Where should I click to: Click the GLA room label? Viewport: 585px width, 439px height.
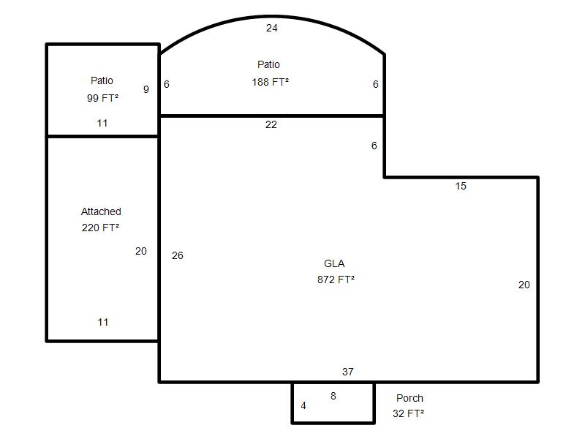(x=334, y=263)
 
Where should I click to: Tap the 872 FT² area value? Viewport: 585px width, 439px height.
(x=336, y=279)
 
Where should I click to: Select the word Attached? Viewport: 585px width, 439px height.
(x=101, y=211)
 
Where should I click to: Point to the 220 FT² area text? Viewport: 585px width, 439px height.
(x=100, y=228)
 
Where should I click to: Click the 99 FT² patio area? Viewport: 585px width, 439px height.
(x=102, y=98)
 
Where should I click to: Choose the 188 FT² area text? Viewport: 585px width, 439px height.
(x=270, y=82)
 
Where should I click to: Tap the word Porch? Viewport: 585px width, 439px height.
(x=409, y=398)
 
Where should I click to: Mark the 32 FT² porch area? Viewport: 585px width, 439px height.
(x=408, y=413)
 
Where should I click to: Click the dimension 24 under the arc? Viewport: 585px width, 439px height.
(x=271, y=28)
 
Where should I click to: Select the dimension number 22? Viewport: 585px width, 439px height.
(x=271, y=124)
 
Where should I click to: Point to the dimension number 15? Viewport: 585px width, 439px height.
(x=461, y=186)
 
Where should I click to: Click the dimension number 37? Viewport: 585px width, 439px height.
(x=348, y=372)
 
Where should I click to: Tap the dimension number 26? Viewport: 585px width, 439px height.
(x=178, y=255)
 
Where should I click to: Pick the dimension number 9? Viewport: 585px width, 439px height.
(x=146, y=89)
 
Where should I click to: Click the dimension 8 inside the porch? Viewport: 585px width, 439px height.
(x=333, y=396)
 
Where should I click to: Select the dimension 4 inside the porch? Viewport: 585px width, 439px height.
(x=303, y=405)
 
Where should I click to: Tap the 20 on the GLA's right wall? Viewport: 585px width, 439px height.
(x=524, y=285)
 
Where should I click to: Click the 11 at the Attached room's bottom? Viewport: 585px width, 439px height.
(x=103, y=322)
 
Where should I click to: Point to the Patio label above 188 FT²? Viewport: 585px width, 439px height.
(x=268, y=64)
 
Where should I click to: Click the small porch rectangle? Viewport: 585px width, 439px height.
(x=292, y=403)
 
